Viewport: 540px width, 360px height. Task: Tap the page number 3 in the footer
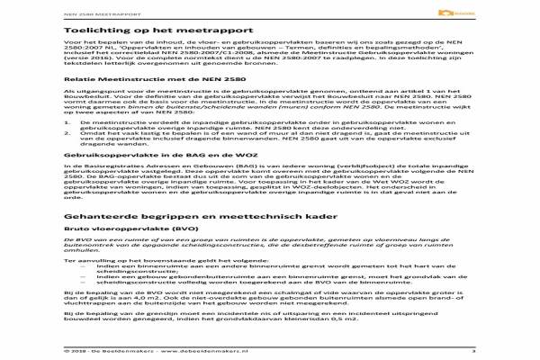point(523,350)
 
